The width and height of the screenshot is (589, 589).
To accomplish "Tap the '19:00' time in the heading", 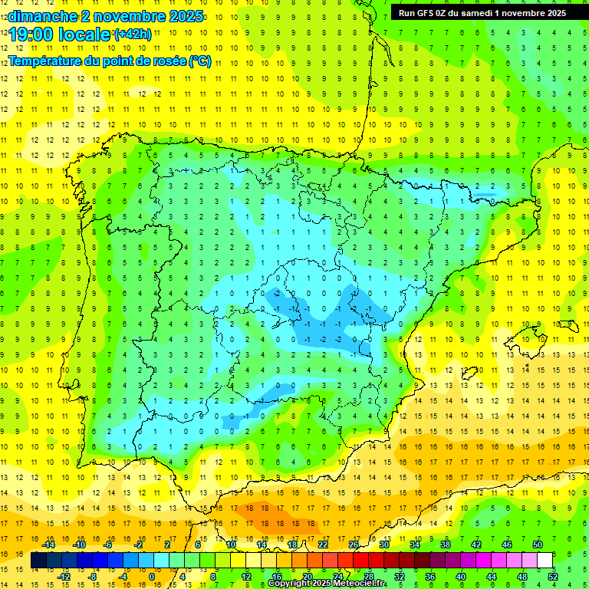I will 31,35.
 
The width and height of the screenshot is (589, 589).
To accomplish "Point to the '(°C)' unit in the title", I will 199,61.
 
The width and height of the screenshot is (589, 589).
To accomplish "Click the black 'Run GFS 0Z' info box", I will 482,12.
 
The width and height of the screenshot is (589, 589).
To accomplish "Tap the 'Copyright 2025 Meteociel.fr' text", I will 327,584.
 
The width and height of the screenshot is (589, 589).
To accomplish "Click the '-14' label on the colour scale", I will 48,545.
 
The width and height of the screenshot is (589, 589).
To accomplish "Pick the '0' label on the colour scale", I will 152,577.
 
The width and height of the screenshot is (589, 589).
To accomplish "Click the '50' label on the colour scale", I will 537,545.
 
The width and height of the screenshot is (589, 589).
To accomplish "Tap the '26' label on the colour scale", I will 354,545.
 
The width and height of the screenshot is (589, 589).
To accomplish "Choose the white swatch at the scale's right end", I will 545,561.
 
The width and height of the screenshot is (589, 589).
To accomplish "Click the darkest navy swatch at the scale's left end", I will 38,561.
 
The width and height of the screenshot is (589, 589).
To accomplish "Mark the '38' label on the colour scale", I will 445,545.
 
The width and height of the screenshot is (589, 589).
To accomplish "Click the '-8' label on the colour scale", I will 93,577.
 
